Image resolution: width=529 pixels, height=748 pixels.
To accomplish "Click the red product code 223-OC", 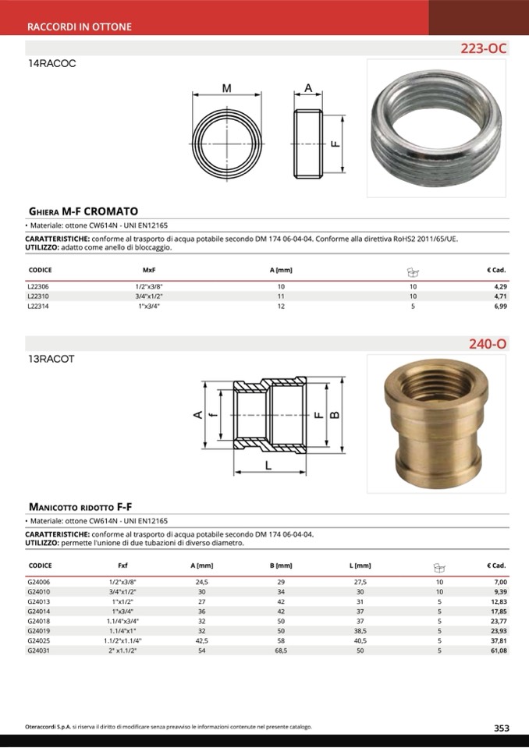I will pyautogui.click(x=484, y=48).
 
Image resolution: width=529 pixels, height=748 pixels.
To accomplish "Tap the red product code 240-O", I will pyautogui.click(x=488, y=343).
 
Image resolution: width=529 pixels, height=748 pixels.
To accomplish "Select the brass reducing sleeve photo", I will pyautogui.click(x=436, y=423).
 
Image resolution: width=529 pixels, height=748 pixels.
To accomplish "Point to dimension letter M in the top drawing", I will pyautogui.click(x=226, y=89).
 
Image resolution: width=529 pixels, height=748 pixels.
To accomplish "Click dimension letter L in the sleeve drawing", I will pyautogui.click(x=268, y=466).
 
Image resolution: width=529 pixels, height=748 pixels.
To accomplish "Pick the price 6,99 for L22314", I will pyautogui.click(x=500, y=307).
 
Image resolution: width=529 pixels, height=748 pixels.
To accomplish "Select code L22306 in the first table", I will pyautogui.click(x=38, y=287).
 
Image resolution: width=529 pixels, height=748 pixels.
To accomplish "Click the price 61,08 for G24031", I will pyautogui.click(x=498, y=650).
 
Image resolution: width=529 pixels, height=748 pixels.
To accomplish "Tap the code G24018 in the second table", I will pyautogui.click(x=38, y=621).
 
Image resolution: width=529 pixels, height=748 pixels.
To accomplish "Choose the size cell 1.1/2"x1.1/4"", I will pyautogui.click(x=122, y=640).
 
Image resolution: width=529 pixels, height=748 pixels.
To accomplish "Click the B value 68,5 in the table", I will pyautogui.click(x=280, y=650).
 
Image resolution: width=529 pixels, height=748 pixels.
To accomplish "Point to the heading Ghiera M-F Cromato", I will pyautogui.click(x=83, y=211).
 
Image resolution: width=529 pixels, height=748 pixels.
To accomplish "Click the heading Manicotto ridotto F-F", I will pyautogui.click(x=85, y=506).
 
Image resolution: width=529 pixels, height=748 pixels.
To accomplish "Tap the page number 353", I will pyautogui.click(x=501, y=728).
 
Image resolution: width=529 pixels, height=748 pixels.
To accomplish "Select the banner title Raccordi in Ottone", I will pyautogui.click(x=79, y=27).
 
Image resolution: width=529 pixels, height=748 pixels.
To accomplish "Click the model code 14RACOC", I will pyautogui.click(x=51, y=64).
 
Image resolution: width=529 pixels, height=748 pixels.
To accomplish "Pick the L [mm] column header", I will pyautogui.click(x=360, y=565).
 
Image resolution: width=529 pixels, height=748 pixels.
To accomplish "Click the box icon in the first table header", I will pyautogui.click(x=413, y=271).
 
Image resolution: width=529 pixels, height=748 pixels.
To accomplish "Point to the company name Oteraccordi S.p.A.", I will pyautogui.click(x=48, y=727).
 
